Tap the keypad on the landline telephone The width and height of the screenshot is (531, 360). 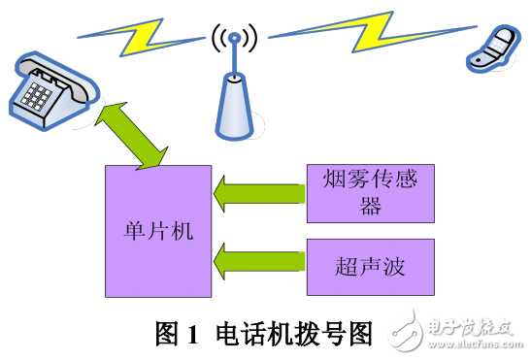38,95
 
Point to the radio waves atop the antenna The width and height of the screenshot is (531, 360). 233,40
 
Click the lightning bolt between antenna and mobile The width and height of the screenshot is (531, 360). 359,33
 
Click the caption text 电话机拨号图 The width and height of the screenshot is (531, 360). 291,334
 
